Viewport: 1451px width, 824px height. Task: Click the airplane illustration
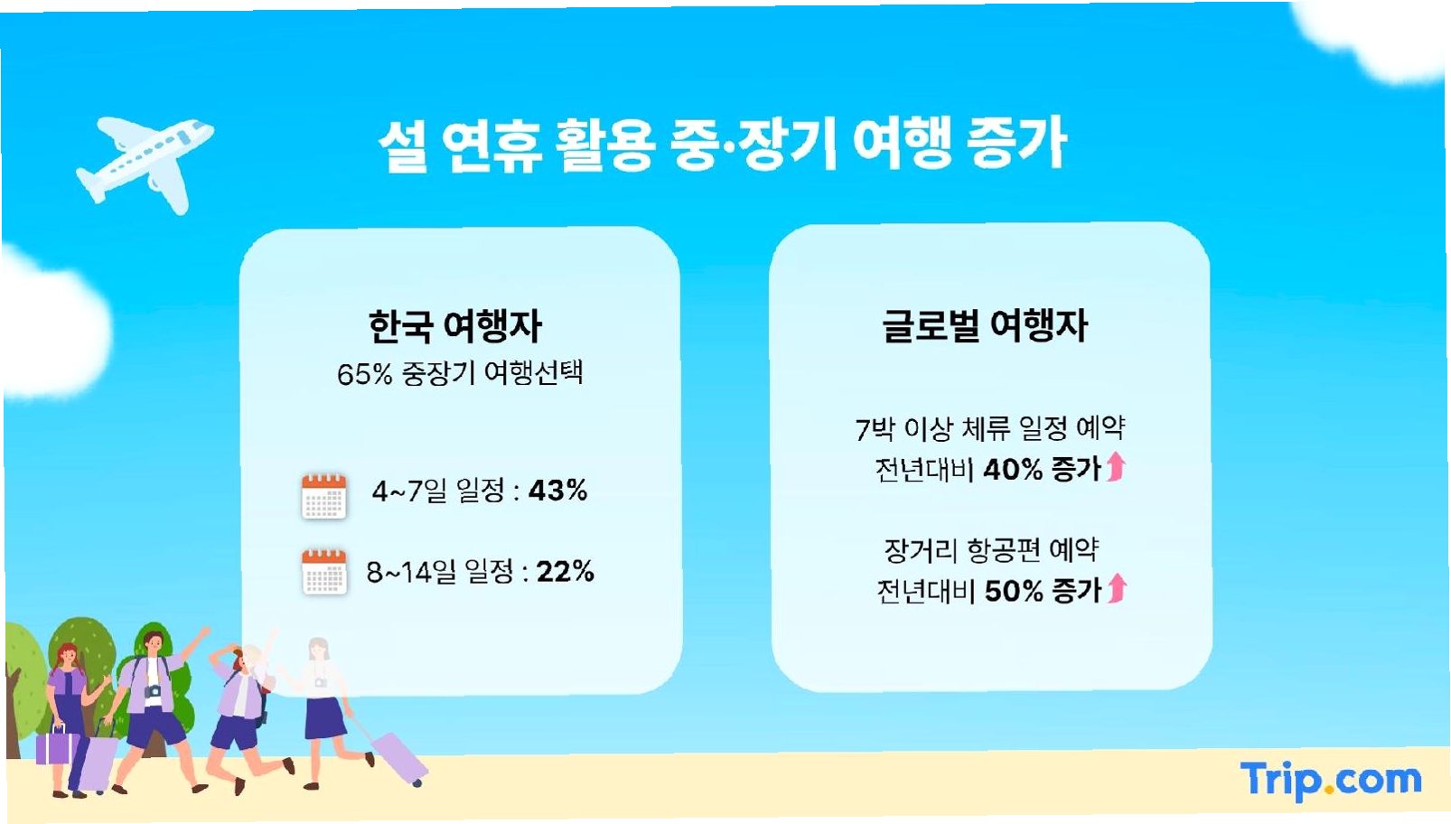pyautogui.click(x=145, y=162)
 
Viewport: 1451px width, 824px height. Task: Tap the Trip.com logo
pyautogui.click(x=1331, y=781)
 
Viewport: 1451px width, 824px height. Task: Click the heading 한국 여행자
pyautogui.click(x=454, y=326)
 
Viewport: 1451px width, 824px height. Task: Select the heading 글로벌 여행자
pyautogui.click(x=985, y=325)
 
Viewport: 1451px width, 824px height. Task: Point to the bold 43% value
pyautogui.click(x=557, y=491)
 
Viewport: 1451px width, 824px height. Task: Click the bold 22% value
pyautogui.click(x=565, y=571)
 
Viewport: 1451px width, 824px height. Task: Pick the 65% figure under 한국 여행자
pyautogui.click(x=365, y=374)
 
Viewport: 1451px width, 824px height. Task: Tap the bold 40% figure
pyautogui.click(x=1013, y=469)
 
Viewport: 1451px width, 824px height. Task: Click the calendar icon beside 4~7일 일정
pyautogui.click(x=323, y=496)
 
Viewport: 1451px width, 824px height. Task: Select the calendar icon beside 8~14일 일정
pyautogui.click(x=323, y=571)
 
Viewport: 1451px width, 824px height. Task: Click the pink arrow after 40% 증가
pyautogui.click(x=1116, y=466)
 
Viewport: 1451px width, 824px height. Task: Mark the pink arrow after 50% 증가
pyautogui.click(x=1117, y=588)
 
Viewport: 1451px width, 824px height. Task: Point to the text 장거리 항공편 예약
pyautogui.click(x=991, y=550)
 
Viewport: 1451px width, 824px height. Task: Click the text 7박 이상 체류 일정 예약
pyautogui.click(x=990, y=428)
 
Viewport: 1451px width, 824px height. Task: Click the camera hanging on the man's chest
pyautogui.click(x=153, y=691)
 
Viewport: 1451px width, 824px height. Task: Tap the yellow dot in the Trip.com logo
pyautogui.click(x=1328, y=789)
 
